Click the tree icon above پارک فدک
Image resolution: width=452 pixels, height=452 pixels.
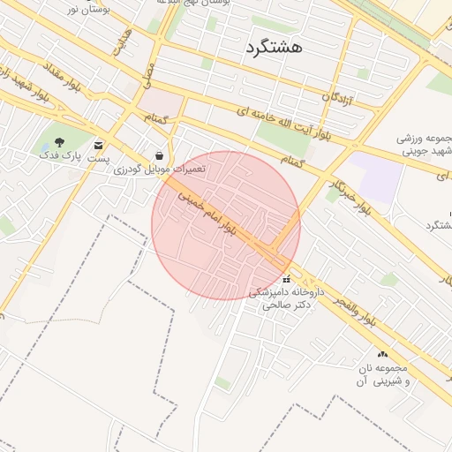59,141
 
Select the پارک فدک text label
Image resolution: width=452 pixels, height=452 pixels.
60,156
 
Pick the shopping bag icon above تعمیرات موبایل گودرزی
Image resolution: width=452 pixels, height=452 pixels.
158,155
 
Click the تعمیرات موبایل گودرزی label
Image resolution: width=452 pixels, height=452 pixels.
159,169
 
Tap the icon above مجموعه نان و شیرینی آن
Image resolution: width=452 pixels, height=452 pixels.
382,353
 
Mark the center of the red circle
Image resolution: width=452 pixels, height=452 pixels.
226,225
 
